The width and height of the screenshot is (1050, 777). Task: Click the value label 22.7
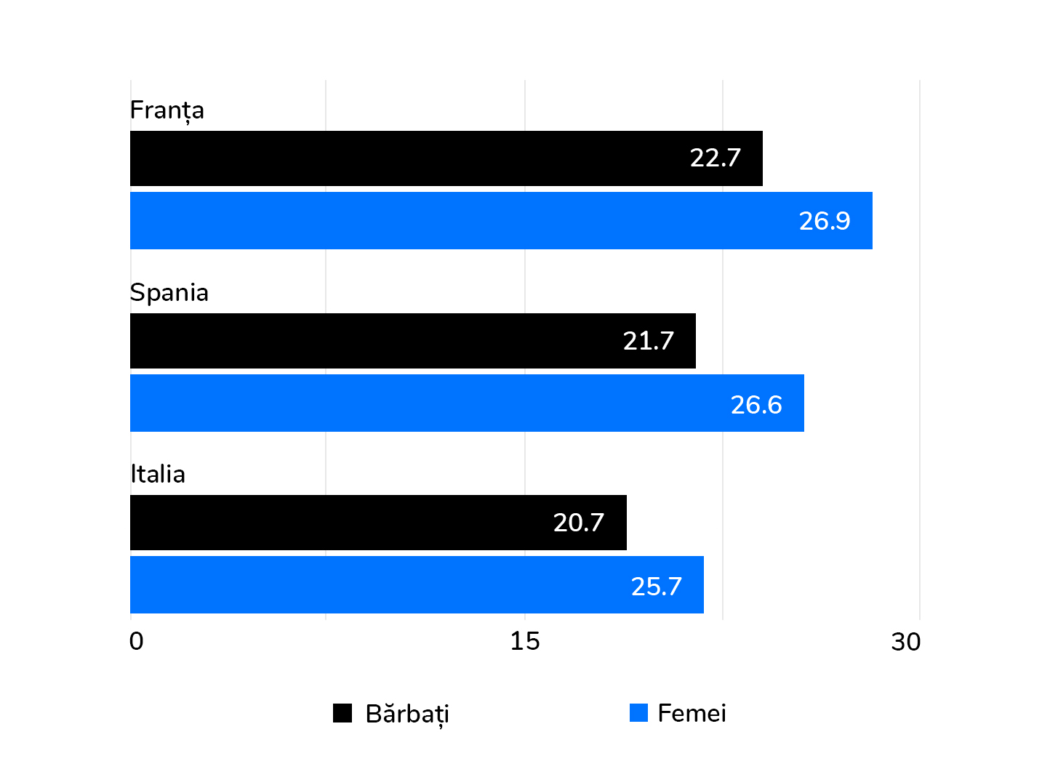coord(715,158)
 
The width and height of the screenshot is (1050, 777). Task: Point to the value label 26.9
coord(824,221)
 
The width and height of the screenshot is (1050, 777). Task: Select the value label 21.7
coord(648,341)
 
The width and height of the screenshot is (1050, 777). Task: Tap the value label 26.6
coord(756,405)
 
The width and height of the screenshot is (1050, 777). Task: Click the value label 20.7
coord(578,523)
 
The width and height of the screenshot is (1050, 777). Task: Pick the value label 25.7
coord(656,587)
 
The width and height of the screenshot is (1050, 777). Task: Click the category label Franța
coord(167,110)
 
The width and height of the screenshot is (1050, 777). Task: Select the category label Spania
coord(169,293)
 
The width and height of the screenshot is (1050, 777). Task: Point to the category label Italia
coord(158,475)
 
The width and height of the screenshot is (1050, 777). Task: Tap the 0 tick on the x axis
coord(136,641)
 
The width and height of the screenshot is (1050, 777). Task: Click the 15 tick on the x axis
coord(524,641)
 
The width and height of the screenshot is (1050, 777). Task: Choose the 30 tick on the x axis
coord(905,642)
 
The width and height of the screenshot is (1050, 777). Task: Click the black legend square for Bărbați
coord(342,713)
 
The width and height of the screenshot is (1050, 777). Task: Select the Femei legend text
coord(691,713)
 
